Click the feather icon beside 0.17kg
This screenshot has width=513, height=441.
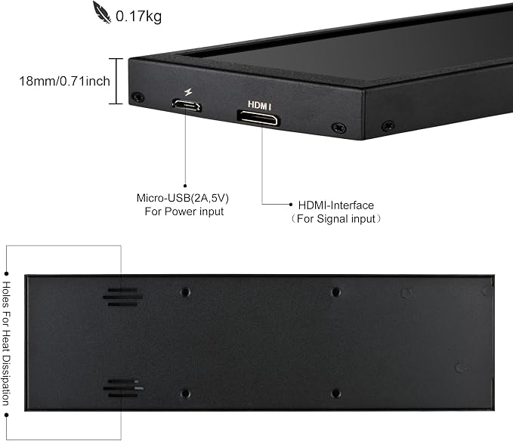pos(102,12)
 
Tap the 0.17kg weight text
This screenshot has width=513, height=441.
pos(139,16)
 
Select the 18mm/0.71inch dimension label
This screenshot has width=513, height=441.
pos(64,81)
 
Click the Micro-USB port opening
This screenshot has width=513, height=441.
pos(187,105)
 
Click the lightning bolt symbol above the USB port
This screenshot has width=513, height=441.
pos(188,92)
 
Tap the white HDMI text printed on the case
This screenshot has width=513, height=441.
pos(259,105)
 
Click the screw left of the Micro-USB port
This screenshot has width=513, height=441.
pos(138,97)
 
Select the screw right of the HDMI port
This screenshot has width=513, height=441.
pos(339,128)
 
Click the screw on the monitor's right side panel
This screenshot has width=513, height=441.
pos(388,125)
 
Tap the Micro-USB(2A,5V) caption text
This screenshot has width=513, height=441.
pos(183,198)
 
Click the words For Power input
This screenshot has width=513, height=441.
pos(184,211)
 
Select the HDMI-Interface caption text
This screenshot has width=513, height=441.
pos(336,205)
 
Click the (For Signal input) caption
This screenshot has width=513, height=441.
pos(336,218)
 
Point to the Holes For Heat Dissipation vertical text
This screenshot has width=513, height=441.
pos(6,344)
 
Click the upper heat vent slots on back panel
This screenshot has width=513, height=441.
pos(122,298)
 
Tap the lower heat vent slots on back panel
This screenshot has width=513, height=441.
pos(123,388)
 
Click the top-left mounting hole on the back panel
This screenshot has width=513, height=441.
pos(186,291)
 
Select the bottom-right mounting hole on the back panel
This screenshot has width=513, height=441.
pos(336,393)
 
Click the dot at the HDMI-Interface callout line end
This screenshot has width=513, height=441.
pos(291,205)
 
